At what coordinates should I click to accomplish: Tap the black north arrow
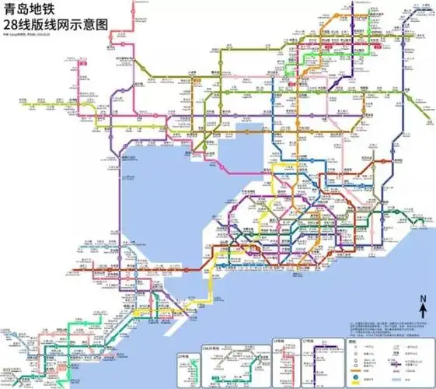pos(423,310)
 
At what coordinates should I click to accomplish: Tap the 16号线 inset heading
pos(278,341)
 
